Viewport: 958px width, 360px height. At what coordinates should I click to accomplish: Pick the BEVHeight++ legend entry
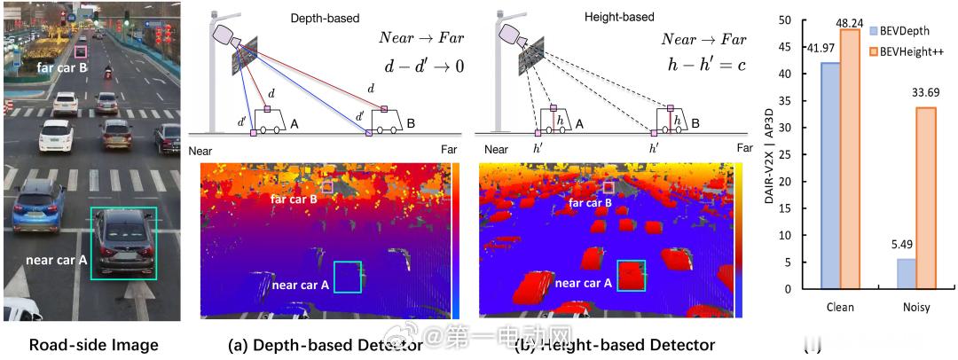[x=914, y=52]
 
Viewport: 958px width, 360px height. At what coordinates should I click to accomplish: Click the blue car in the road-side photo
[x=36, y=207]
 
